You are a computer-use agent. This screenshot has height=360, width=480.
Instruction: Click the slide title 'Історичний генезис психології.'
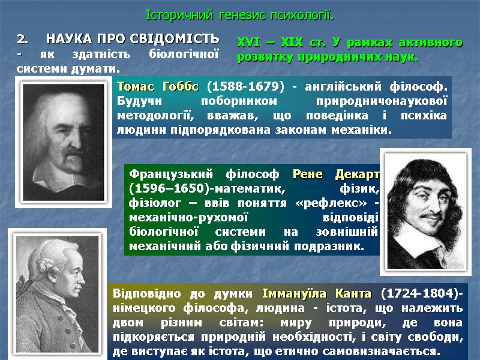(x=241, y=14)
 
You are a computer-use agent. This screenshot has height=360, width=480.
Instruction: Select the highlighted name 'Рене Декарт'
(x=335, y=175)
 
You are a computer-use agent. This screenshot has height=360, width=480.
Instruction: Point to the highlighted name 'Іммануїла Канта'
(x=317, y=295)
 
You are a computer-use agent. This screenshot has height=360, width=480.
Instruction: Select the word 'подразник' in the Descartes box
(x=329, y=246)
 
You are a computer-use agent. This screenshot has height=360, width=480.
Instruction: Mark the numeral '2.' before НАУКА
(x=23, y=40)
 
